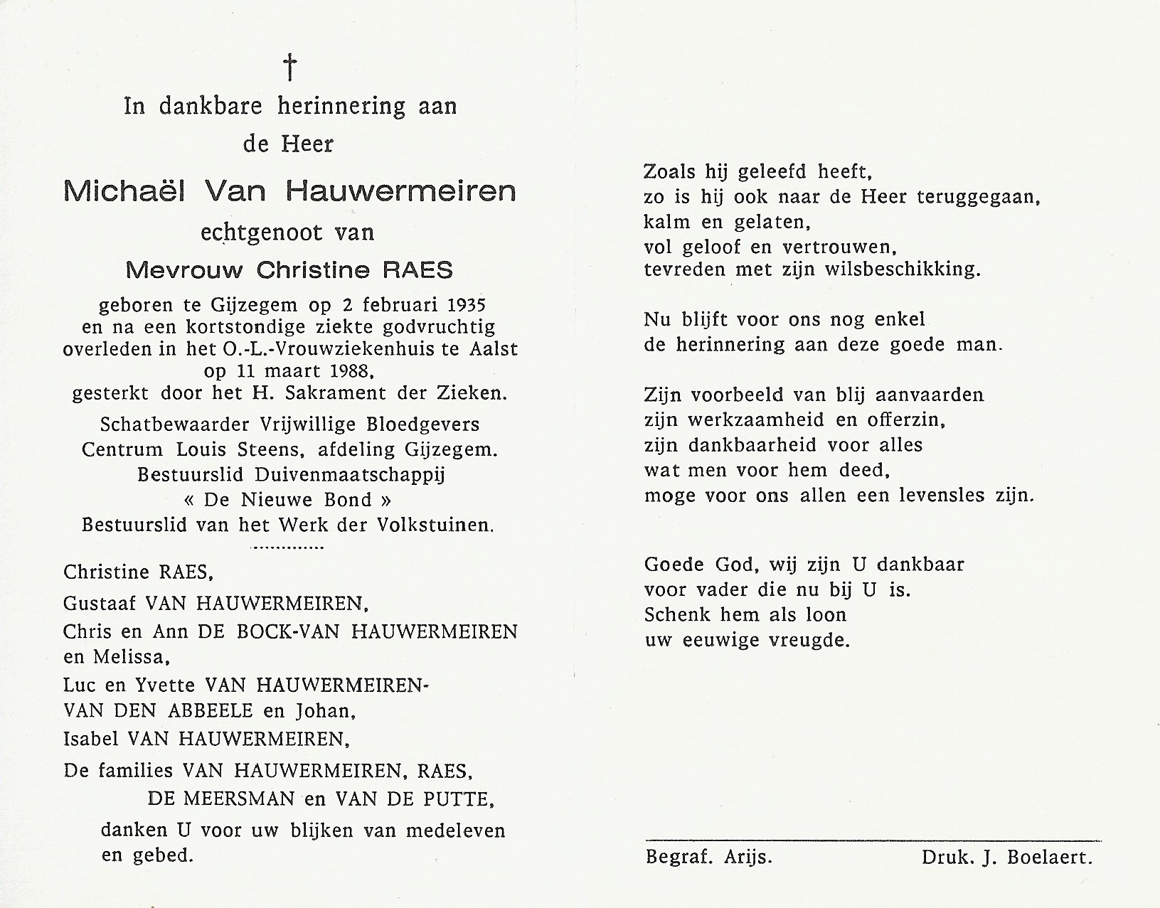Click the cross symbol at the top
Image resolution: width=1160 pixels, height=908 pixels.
click(x=289, y=68)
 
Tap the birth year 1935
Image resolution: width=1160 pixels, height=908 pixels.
click(x=462, y=306)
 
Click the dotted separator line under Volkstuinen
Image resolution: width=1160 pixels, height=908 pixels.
click(x=288, y=548)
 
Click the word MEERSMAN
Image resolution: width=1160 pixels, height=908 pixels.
click(x=238, y=799)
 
